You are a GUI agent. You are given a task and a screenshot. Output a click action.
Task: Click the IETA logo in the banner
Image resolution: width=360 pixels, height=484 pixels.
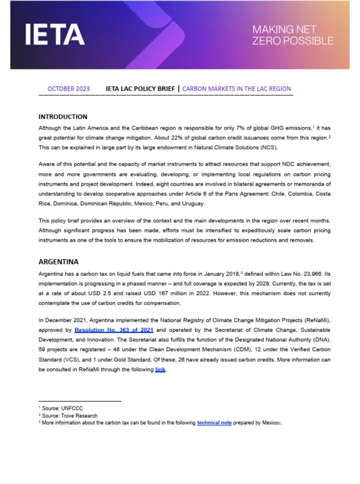click(55, 35)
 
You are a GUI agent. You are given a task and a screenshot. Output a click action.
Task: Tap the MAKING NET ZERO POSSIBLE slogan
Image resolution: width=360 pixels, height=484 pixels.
click(292, 35)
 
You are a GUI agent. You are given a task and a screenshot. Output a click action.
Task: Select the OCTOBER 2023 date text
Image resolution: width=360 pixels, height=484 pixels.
click(68, 89)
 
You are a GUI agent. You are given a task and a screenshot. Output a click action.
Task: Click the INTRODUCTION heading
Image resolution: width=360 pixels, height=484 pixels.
click(63, 117)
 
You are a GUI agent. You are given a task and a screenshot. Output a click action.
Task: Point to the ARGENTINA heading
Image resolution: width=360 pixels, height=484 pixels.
click(58, 262)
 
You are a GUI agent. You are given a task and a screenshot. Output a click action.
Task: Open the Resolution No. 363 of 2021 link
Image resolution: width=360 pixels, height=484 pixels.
click(114, 330)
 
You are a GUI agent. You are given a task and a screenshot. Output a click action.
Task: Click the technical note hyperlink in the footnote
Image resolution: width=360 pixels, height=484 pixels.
click(214, 423)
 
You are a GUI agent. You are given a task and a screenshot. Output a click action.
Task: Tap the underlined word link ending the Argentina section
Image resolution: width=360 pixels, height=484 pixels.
click(160, 369)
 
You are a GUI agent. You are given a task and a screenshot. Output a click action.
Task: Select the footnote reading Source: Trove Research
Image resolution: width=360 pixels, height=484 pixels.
click(69, 416)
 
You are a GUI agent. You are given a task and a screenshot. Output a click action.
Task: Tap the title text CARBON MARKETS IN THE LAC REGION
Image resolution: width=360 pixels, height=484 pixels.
click(237, 89)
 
